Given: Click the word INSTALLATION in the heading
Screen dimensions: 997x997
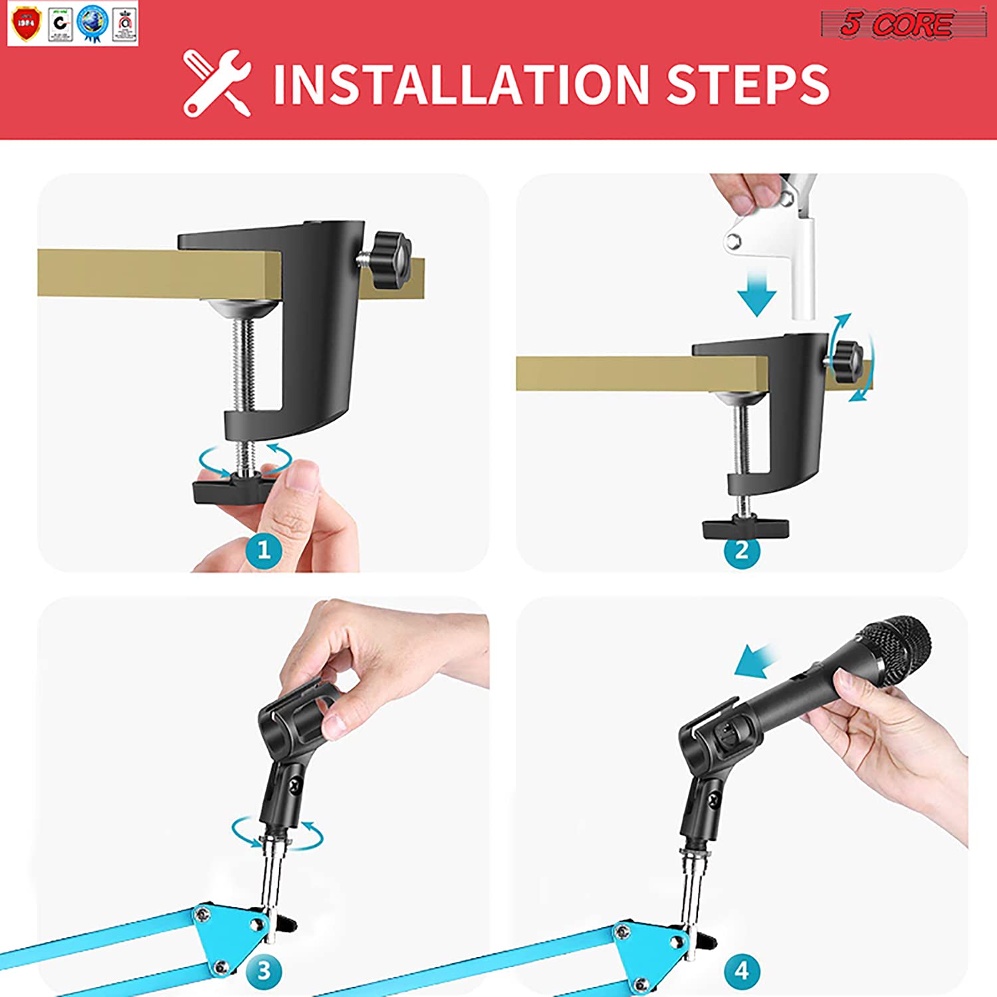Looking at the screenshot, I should (x=461, y=84).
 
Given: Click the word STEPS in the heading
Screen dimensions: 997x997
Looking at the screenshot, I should (x=748, y=84).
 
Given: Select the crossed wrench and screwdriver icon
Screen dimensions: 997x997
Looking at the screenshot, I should (x=217, y=83).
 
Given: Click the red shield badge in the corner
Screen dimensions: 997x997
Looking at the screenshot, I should (x=26, y=23).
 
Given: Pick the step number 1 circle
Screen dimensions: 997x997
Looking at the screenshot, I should (x=263, y=550).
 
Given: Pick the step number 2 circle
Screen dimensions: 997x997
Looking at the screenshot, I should (x=742, y=550).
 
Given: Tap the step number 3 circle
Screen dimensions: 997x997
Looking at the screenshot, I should (x=263, y=970).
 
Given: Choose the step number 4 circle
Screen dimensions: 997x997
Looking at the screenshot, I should (x=742, y=970).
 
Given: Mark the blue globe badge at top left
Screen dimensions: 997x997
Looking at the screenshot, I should (x=92, y=23).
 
